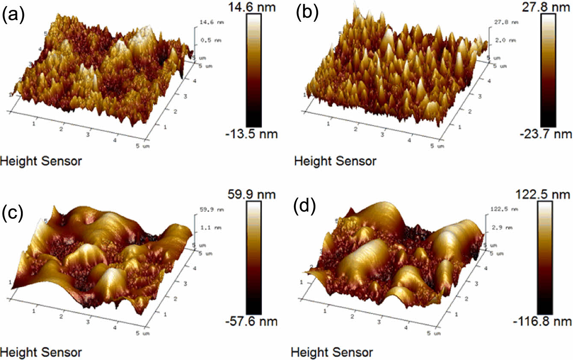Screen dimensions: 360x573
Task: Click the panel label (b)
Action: click(x=307, y=14)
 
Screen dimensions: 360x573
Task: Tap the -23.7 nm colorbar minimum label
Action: click(x=551, y=134)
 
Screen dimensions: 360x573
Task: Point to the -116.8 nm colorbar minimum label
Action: click(x=544, y=321)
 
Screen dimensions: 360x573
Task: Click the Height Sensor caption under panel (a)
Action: click(x=41, y=161)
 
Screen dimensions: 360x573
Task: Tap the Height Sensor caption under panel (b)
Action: click(x=335, y=161)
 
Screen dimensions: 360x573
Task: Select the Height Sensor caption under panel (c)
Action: click(x=41, y=352)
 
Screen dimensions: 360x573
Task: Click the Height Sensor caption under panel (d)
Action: click(x=332, y=352)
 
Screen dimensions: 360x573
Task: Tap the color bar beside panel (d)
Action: click(x=543, y=257)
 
